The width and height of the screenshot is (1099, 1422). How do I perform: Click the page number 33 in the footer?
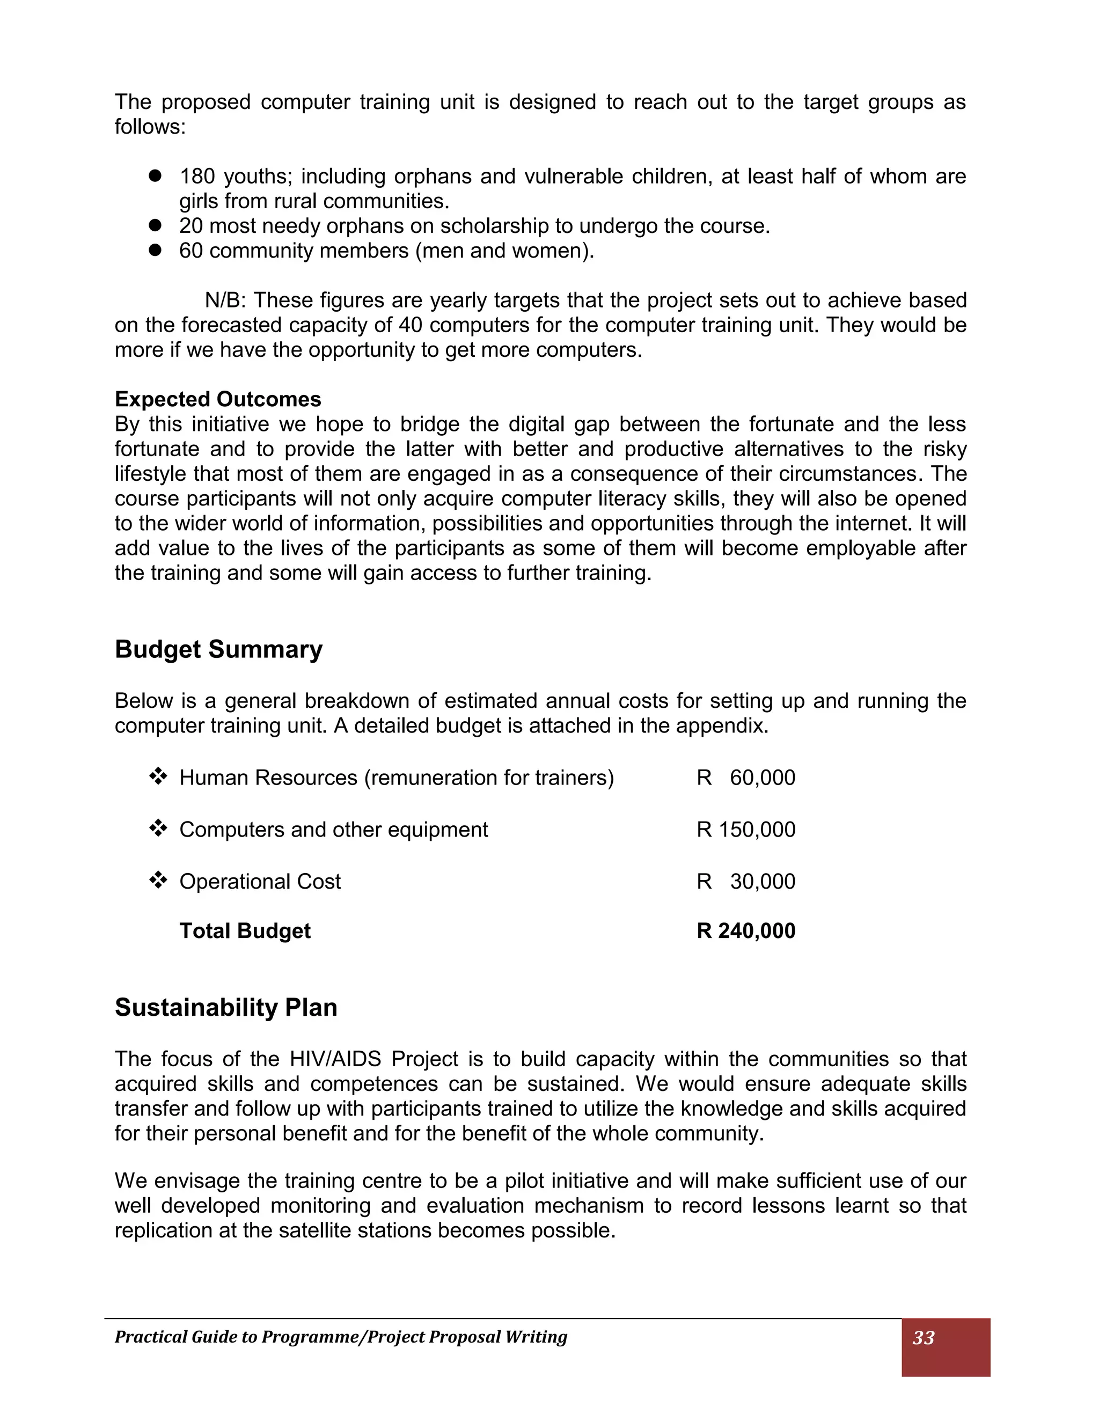pyautogui.click(x=923, y=1337)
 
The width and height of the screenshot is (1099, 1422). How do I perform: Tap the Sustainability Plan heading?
pyautogui.click(x=225, y=1007)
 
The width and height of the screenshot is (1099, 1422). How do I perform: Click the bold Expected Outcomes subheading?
pyautogui.click(x=217, y=399)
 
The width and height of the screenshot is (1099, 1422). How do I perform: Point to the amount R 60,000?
pyautogui.click(x=745, y=778)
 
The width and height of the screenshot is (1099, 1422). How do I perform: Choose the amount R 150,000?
pyautogui.click(x=745, y=830)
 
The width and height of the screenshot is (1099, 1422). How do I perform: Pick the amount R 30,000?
pyautogui.click(x=745, y=881)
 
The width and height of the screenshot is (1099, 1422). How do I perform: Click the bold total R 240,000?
pyautogui.click(x=745, y=930)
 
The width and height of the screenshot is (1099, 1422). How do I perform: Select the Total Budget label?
pyautogui.click(x=245, y=930)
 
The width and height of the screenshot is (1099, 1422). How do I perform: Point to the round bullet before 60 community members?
pyautogui.click(x=155, y=250)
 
